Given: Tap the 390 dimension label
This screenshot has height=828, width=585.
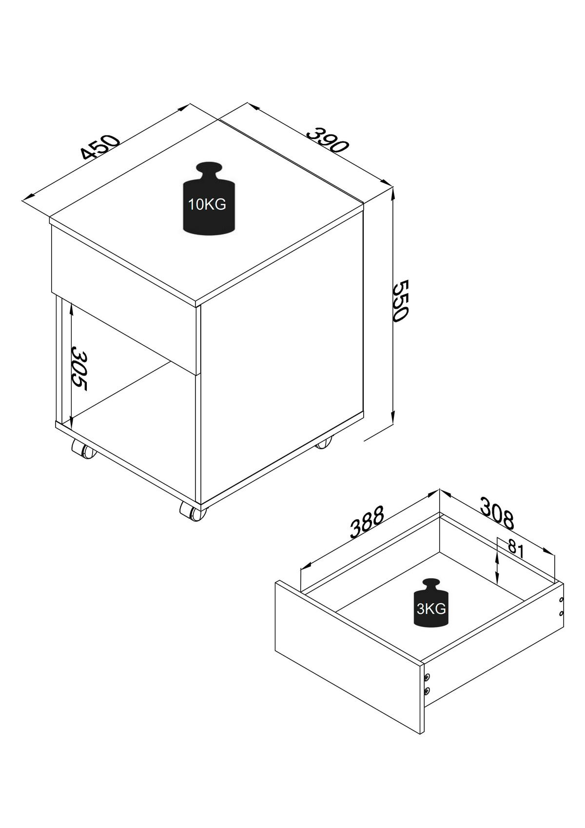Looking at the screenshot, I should pos(328,139).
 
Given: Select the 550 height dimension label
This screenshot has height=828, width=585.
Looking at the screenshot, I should pos(400,300).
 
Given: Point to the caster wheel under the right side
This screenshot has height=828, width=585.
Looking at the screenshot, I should pos(323,443).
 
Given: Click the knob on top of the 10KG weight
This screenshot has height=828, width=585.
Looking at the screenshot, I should pos(208,170).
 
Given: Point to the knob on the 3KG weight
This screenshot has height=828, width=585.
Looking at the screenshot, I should pos(431,584).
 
